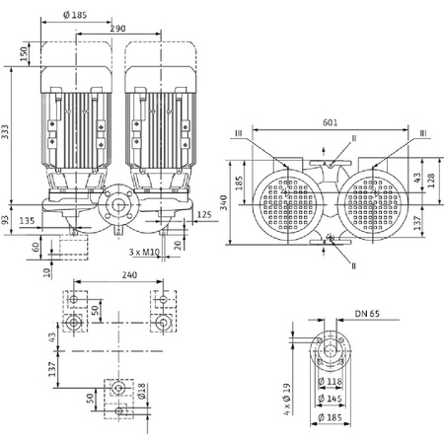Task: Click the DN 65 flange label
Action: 366,315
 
